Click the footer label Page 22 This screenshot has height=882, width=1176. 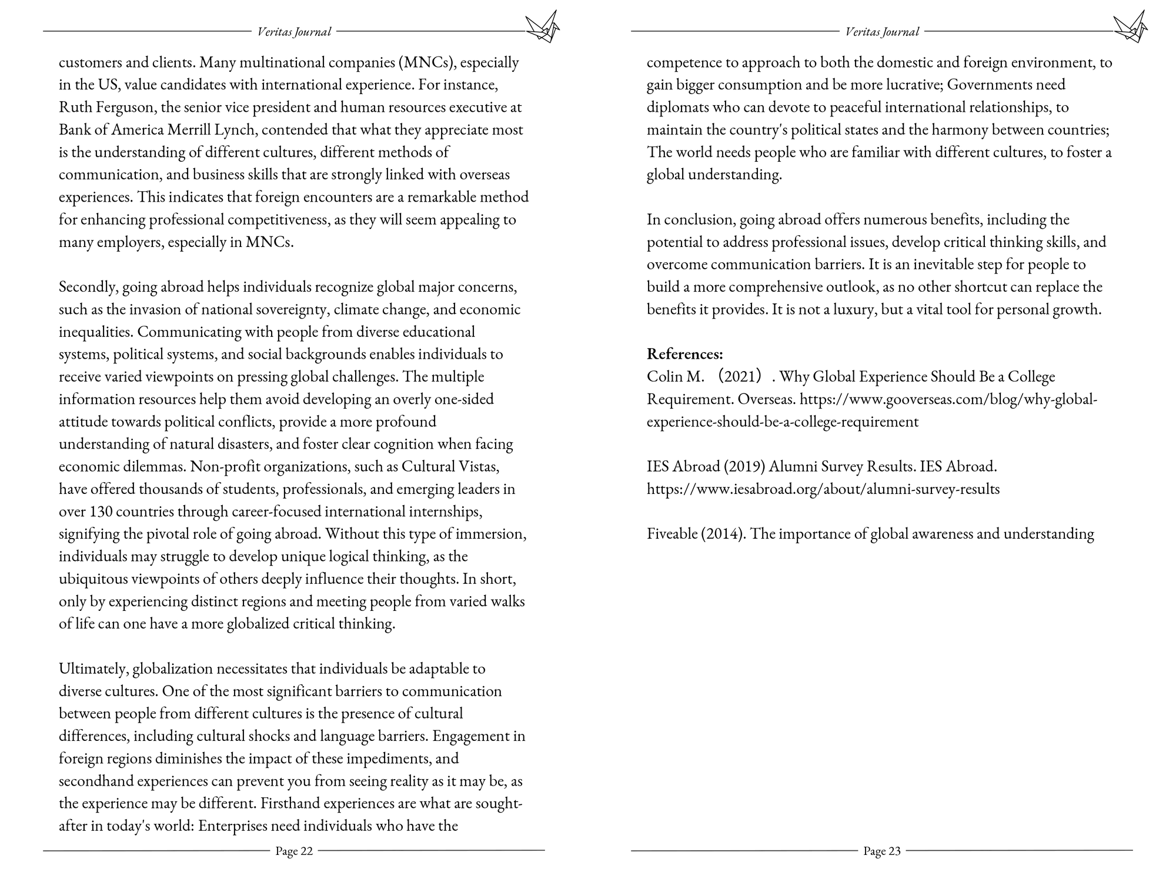click(x=294, y=851)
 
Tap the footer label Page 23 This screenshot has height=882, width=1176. click(x=881, y=851)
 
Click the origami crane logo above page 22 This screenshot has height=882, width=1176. click(x=542, y=28)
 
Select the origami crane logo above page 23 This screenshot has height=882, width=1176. click(x=1130, y=28)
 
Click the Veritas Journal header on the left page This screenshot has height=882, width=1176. click(x=294, y=32)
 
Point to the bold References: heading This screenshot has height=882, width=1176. click(x=684, y=354)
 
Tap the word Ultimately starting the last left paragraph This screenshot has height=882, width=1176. click(x=94, y=669)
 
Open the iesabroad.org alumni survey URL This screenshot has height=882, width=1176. click(x=823, y=489)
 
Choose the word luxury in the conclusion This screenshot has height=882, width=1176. click(x=846, y=309)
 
